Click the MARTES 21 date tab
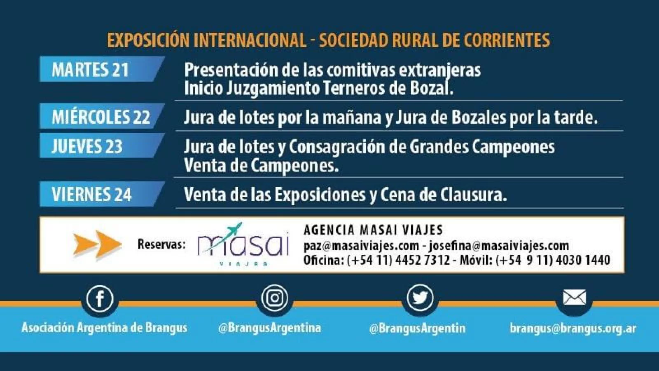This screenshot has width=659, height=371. click(x=101, y=69)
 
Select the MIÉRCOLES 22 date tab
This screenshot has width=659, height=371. click(x=101, y=116)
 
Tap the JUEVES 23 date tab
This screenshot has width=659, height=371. click(x=101, y=146)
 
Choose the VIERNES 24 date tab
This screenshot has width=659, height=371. click(x=101, y=194)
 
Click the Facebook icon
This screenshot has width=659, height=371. click(x=100, y=298)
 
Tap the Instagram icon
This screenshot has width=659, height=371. click(x=274, y=298)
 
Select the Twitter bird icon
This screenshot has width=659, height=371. click(x=420, y=298)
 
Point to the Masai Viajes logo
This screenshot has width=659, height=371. click(x=243, y=244)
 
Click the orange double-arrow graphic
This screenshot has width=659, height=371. click(x=98, y=244)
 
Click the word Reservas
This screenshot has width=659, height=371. click(x=161, y=244)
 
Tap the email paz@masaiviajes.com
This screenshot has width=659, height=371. click(x=361, y=246)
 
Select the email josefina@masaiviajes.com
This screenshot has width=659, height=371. click(x=499, y=246)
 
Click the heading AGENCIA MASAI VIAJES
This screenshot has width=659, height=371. click(x=373, y=230)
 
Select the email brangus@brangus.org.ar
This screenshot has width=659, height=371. click(x=573, y=328)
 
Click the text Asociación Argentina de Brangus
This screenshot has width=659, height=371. click(x=104, y=328)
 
